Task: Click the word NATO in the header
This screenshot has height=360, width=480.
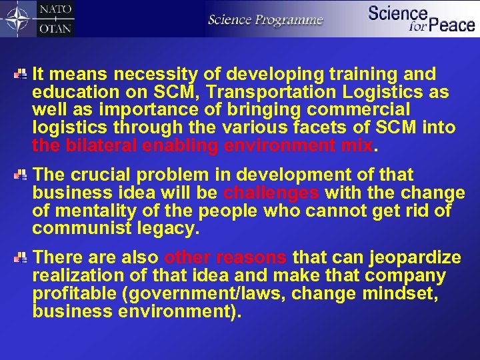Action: pyautogui.click(x=57, y=10)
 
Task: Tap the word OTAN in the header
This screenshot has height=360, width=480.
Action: pyautogui.click(x=57, y=27)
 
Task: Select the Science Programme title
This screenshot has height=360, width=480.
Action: pyautogui.click(x=265, y=19)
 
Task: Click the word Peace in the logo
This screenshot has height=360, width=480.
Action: pyautogui.click(x=451, y=26)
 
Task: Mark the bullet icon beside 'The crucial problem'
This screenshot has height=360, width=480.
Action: pyautogui.click(x=20, y=175)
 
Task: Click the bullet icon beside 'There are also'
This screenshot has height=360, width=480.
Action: pyautogui.click(x=20, y=257)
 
